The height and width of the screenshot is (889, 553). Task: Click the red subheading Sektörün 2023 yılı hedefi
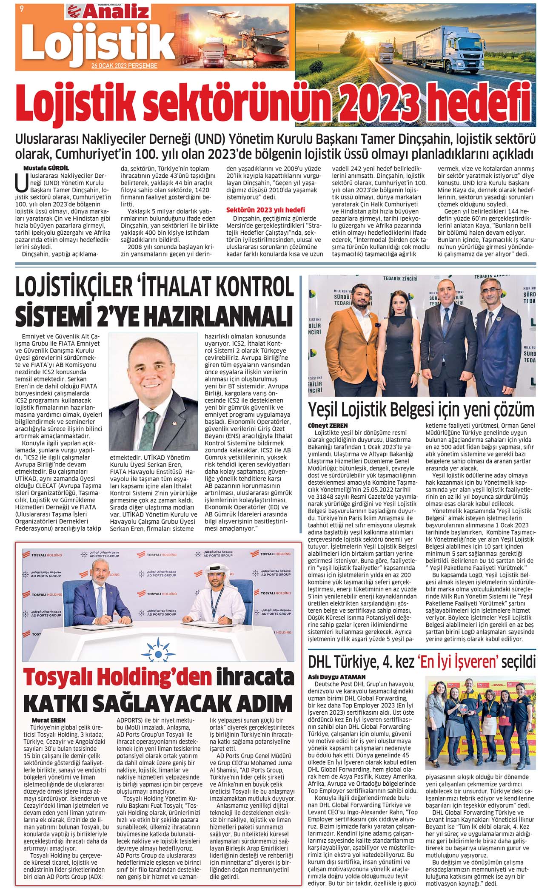point(265,210)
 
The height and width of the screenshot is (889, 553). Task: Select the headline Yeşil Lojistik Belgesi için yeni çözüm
point(421,410)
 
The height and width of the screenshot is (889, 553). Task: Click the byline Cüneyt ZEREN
point(328,426)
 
